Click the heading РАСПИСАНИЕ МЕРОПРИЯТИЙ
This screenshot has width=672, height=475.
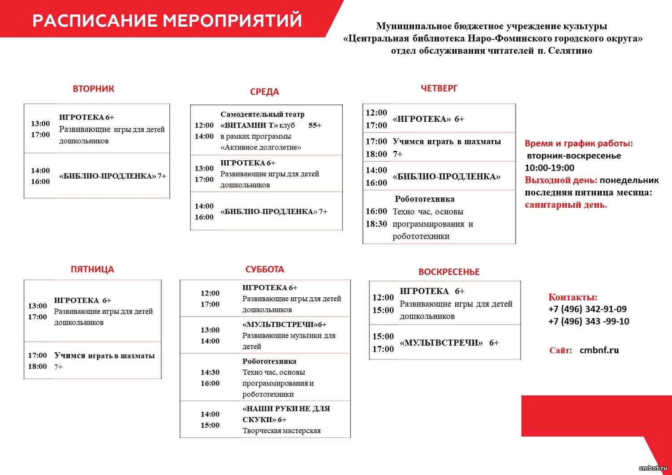(167, 21)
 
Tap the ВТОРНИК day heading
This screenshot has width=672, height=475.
(93, 89)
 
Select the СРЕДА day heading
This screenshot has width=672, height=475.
(264, 92)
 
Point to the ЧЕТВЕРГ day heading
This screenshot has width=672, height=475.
(439, 88)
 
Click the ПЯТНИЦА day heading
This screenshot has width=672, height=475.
(92, 270)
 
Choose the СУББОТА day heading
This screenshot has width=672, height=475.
(265, 270)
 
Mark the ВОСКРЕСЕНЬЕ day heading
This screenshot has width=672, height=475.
(449, 272)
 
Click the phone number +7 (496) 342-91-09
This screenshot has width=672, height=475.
(587, 309)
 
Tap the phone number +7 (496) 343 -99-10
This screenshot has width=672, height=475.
(589, 321)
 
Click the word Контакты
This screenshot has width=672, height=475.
(573, 297)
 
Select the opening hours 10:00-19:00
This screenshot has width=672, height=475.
(550, 168)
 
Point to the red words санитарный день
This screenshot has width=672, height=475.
(566, 205)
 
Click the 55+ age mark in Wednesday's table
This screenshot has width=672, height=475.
(315, 125)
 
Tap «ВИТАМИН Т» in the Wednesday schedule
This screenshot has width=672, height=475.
(249, 125)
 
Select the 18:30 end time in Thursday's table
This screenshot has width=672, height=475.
(376, 224)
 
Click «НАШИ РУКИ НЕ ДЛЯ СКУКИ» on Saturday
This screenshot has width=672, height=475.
(286, 414)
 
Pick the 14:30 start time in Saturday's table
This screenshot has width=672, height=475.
(210, 372)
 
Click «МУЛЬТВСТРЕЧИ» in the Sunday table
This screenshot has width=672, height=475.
(441, 342)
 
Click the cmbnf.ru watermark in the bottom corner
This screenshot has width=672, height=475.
(653, 468)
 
